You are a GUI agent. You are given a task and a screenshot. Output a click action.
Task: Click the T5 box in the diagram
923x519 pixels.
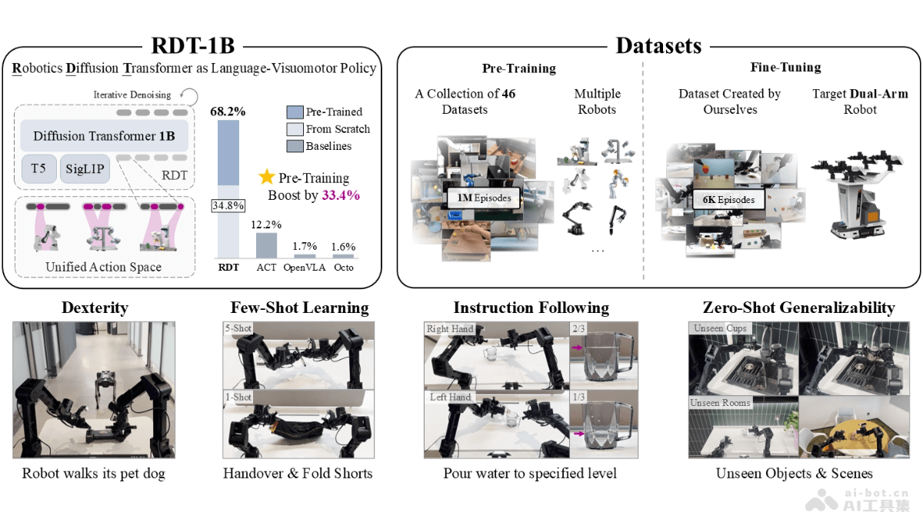(x=38, y=168)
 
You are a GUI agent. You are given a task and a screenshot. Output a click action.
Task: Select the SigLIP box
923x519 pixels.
(x=86, y=168)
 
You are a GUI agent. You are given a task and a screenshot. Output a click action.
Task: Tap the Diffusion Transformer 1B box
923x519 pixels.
(x=104, y=137)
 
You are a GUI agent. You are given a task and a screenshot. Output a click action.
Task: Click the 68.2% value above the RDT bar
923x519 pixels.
(x=228, y=111)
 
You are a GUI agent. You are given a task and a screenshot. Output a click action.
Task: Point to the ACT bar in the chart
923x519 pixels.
(x=266, y=244)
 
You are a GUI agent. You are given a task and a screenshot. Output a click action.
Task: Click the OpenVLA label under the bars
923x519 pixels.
(x=305, y=268)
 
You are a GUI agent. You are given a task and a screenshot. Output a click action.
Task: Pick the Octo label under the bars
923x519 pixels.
(x=343, y=268)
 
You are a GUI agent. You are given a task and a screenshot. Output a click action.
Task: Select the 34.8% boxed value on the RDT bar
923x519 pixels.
(x=228, y=205)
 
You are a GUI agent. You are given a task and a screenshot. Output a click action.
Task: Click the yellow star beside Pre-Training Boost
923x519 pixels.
(x=266, y=177)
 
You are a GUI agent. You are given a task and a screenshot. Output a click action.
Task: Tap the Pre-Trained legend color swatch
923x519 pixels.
(x=295, y=112)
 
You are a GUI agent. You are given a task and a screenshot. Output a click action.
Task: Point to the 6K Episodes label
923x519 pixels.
(x=728, y=200)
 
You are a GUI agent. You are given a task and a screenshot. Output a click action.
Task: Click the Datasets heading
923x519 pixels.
(x=658, y=45)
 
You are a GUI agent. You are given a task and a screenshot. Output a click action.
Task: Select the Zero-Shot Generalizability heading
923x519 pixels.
(x=798, y=308)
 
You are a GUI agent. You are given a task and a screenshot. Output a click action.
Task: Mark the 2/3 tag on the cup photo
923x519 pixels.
(x=578, y=328)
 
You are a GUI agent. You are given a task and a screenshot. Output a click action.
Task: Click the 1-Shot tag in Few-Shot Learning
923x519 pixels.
(x=238, y=397)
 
